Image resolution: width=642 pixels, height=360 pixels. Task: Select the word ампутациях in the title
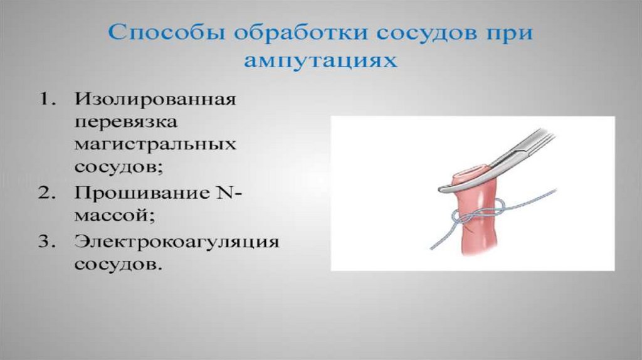(320, 61)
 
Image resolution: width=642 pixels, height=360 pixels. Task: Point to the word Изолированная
(155, 100)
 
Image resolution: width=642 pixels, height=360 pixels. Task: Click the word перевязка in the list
(125, 122)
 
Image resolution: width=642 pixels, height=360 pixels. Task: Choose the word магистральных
(155, 145)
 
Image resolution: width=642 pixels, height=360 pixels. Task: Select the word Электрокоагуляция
(176, 241)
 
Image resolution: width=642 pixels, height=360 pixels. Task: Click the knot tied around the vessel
(475, 214)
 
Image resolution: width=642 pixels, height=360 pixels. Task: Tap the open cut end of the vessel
(471, 172)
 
